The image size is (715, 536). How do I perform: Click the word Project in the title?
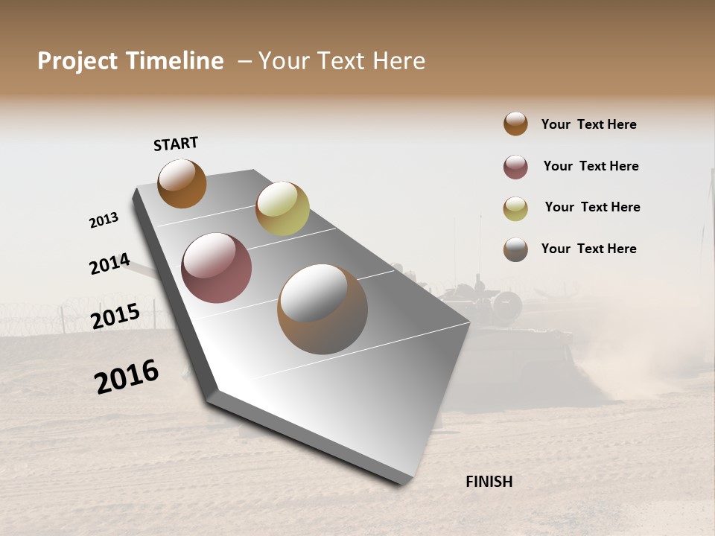point(77,61)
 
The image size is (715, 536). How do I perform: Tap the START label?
point(176,144)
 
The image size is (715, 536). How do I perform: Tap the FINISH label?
point(489,482)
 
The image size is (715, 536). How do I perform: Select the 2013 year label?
point(104,220)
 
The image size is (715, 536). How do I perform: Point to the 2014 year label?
point(109,264)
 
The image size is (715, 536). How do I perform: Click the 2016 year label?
point(127,377)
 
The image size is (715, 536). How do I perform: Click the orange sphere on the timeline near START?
point(182,183)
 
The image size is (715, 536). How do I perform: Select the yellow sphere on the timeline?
point(282,208)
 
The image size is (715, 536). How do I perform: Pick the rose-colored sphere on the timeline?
point(217,268)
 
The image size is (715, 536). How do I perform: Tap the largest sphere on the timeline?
point(322,309)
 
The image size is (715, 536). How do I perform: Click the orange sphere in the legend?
point(515,124)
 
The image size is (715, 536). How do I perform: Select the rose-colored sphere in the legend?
point(515,167)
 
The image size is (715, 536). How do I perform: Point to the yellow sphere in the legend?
point(515,208)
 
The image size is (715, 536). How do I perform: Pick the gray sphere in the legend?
point(515,249)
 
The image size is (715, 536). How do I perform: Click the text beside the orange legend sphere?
point(588,124)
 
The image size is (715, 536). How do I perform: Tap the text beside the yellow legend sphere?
point(592,207)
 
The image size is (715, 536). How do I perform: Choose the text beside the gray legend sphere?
point(588,249)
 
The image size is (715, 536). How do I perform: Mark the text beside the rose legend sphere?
point(591,166)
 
